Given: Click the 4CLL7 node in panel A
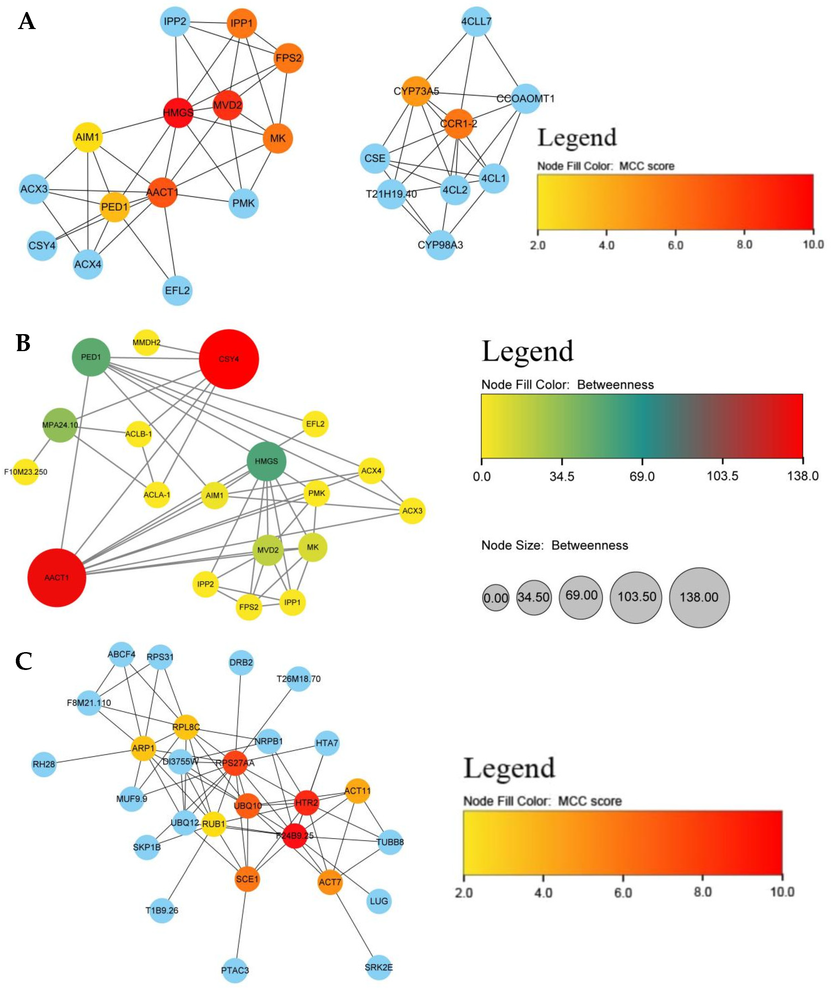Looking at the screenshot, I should (476, 22).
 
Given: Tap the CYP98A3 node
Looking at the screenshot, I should (440, 245).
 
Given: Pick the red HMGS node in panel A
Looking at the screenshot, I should (178, 112).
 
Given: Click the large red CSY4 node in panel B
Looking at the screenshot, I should (229, 359).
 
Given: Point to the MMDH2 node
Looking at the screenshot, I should (146, 343).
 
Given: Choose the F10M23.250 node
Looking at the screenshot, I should (26, 472).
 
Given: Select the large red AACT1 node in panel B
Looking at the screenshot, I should (57, 578).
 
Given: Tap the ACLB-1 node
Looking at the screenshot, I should (138, 434).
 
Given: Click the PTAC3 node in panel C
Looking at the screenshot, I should (235, 970).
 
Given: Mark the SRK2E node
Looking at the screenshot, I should (379, 967).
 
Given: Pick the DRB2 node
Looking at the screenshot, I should (241, 662).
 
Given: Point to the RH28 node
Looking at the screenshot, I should (44, 764).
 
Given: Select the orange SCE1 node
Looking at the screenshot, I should (247, 879).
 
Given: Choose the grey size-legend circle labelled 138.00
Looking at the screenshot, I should (699, 597).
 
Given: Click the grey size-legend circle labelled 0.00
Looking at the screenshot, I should (495, 598).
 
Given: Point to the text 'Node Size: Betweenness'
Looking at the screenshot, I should (554, 545).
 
